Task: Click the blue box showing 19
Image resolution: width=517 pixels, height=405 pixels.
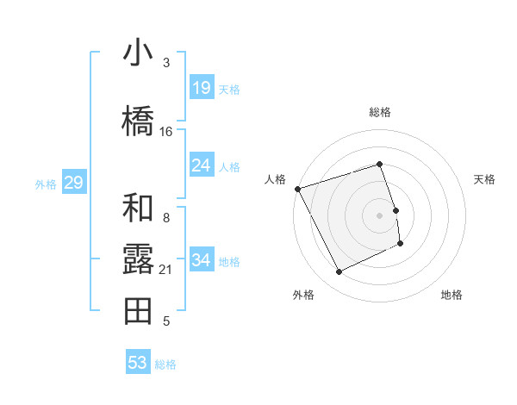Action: click(202, 87)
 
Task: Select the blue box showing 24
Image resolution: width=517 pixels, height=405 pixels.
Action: click(202, 165)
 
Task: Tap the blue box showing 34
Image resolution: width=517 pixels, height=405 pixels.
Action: click(202, 260)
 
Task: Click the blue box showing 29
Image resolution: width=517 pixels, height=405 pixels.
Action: click(73, 183)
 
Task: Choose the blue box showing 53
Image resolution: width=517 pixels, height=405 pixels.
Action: click(138, 363)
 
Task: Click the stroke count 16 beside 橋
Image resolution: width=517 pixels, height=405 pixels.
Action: click(166, 132)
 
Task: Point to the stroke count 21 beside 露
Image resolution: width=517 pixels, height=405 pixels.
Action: click(166, 270)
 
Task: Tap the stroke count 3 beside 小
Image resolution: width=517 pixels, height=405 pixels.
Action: click(166, 63)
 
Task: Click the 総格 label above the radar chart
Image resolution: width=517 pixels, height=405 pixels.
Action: click(380, 112)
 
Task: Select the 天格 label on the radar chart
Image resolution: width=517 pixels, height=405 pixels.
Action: click(485, 179)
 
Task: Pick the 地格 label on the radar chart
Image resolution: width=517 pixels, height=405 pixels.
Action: click(452, 295)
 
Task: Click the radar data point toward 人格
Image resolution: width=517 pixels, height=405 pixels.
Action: click(297, 189)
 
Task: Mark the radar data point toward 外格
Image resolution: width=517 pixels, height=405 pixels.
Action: click(339, 272)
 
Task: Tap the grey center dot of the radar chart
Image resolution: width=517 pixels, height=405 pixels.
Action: click(380, 215)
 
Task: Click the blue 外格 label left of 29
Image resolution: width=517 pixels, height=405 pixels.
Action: click(45, 184)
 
